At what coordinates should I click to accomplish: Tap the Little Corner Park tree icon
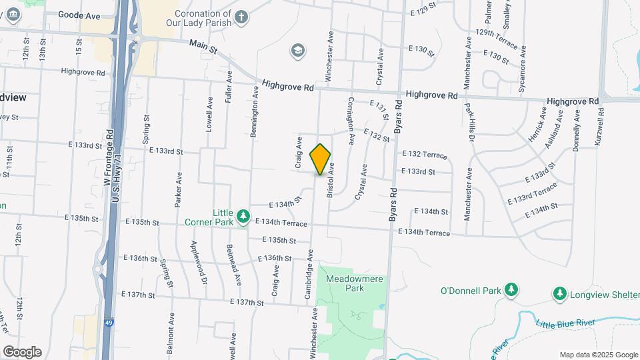243,215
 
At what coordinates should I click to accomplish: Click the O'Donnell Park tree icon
511,290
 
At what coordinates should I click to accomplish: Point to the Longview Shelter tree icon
560,293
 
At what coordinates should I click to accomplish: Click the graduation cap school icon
297,50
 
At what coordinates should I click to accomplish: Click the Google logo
22,351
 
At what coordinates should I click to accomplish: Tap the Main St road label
203,46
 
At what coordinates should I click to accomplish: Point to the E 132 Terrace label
424,155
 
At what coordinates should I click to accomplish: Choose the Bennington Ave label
254,113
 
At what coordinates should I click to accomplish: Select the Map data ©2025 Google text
598,355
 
